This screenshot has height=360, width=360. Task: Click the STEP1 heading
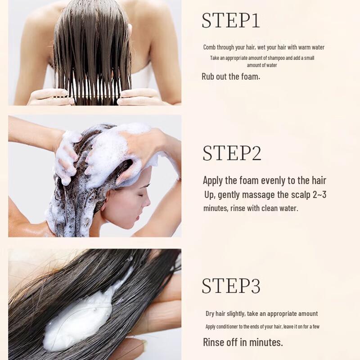230,20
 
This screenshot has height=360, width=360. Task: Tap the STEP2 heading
232,153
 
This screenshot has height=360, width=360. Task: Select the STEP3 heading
231,285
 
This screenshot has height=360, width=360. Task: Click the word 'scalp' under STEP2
301,195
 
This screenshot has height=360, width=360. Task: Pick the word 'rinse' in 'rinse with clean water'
238,208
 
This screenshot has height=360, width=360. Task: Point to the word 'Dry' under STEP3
210,314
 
